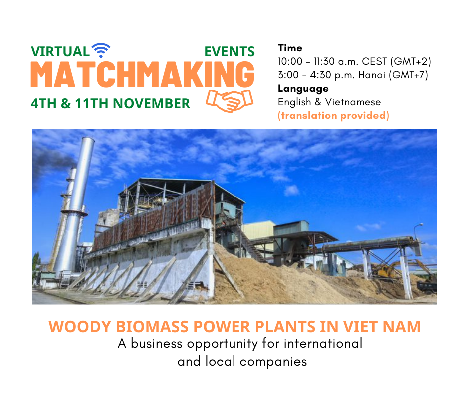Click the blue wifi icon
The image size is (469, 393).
coord(101,50)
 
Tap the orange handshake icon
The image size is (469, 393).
coord(230,101)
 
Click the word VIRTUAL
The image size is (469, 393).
coord(60,52)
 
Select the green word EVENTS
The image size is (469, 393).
coord(230,52)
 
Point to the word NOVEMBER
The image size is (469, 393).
coord(151,103)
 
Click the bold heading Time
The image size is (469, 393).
coord(290,48)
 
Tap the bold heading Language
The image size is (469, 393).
coord(303,89)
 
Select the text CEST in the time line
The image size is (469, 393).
coord(374,62)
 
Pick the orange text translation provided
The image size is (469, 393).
coord(333,115)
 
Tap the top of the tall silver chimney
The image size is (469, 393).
coord(88,139)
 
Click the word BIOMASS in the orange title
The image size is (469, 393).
coord(152,326)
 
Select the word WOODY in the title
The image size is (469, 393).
coord(80,326)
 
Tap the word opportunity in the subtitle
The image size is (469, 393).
coord(222,344)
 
